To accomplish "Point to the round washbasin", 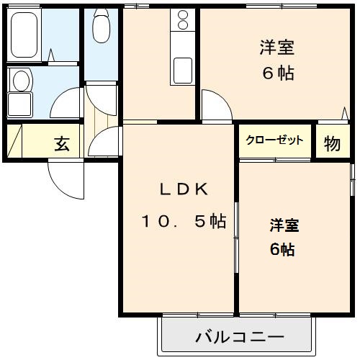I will tap(21, 80).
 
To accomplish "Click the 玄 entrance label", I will tap(63, 144).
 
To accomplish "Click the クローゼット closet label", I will tap(274, 141).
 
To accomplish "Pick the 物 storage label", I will tap(332, 144).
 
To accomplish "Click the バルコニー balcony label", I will tap(238, 336).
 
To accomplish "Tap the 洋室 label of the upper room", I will tap(277, 49).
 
